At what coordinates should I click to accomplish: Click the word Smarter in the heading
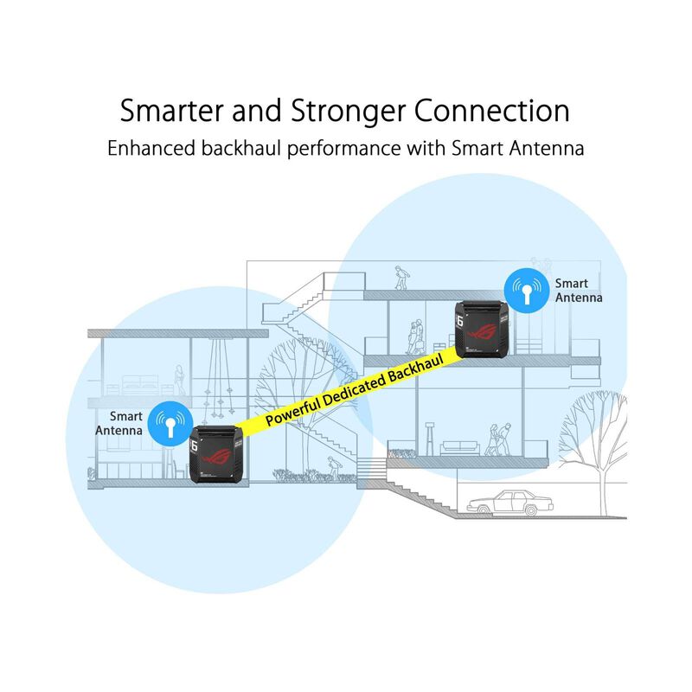[x=171, y=111]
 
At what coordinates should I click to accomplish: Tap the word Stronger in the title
[x=348, y=112]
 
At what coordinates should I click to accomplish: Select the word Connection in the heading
[x=491, y=111]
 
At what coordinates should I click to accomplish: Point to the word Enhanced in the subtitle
[x=151, y=148]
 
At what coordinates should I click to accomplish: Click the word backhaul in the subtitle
[x=241, y=148]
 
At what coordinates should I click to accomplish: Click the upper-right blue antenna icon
[x=527, y=291]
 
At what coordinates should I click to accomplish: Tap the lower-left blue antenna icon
[x=170, y=424]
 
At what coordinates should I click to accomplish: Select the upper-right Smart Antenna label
[x=578, y=291]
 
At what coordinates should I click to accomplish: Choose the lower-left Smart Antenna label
[x=119, y=423]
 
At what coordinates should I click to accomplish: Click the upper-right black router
[x=482, y=329]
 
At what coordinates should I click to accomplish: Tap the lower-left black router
[x=216, y=454]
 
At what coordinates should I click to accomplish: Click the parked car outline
[x=509, y=503]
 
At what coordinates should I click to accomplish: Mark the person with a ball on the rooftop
[x=401, y=278]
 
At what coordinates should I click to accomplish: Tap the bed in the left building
[x=140, y=385]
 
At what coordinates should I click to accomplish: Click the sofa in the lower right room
[x=460, y=448]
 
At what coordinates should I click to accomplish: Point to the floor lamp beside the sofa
[x=429, y=439]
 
